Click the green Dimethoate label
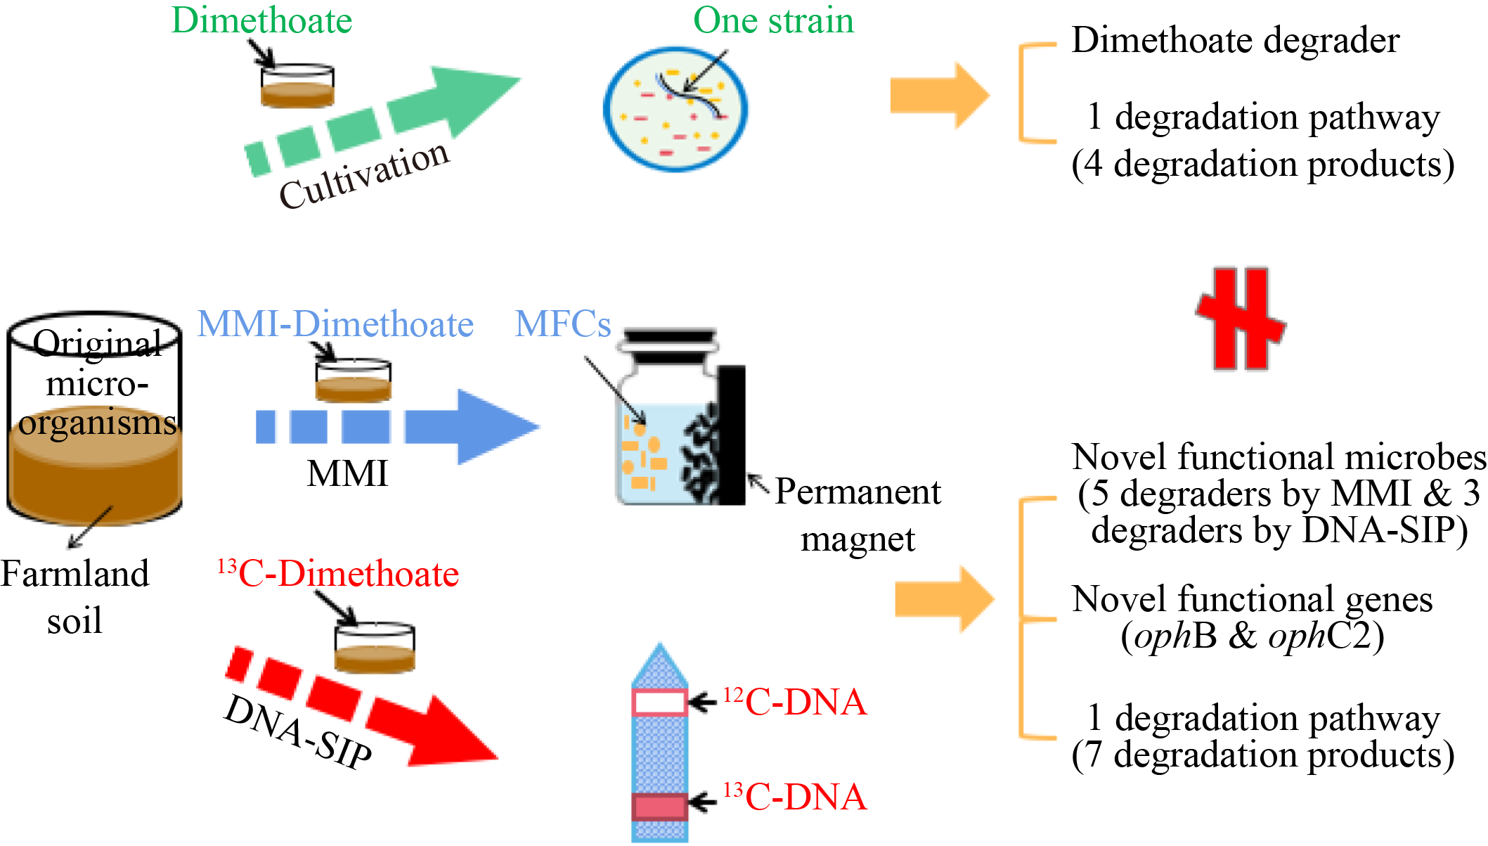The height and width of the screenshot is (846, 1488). (261, 20)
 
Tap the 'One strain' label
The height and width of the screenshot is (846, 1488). (773, 20)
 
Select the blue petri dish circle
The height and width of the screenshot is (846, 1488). (675, 108)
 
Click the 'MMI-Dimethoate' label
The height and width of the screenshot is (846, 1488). (335, 324)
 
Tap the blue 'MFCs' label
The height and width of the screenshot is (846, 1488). (562, 324)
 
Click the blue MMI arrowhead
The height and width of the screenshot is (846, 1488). (492, 426)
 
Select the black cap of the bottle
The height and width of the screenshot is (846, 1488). (670, 338)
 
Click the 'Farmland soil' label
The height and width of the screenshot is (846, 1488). (75, 597)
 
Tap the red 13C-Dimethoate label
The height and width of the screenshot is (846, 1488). (338, 574)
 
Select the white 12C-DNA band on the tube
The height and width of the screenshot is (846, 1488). (659, 702)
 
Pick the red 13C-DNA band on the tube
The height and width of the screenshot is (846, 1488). (659, 807)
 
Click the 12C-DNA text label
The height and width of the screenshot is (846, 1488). (796, 702)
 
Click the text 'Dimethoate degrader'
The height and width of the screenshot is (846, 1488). (1235, 40)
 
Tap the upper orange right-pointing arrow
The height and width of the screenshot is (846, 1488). (939, 96)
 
